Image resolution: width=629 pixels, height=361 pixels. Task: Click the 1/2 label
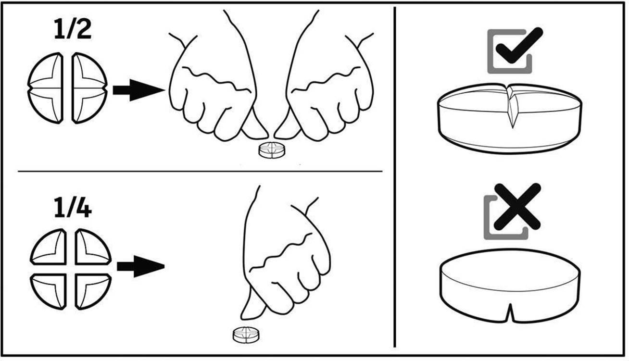[73, 29]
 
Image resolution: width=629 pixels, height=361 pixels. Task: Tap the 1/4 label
[73, 208]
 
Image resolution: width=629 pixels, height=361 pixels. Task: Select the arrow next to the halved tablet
[138, 90]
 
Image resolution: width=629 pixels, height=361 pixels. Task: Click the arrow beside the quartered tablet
[141, 266]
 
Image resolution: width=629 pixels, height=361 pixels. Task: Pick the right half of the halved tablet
[89, 88]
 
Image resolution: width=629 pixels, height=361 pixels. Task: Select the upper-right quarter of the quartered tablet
[93, 247]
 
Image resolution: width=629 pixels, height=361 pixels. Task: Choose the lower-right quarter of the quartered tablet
[93, 291]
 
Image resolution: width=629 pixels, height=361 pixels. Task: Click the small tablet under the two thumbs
[272, 150]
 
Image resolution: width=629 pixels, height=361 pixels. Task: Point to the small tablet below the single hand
[246, 335]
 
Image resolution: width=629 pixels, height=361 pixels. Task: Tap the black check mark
[519, 45]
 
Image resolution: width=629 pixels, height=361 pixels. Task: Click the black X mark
[517, 206]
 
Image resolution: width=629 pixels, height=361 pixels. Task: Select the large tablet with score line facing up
[510, 118]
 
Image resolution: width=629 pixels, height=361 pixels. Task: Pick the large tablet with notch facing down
[510, 286]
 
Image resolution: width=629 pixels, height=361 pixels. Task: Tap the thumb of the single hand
[252, 305]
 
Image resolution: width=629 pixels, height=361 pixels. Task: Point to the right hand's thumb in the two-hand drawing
[287, 125]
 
